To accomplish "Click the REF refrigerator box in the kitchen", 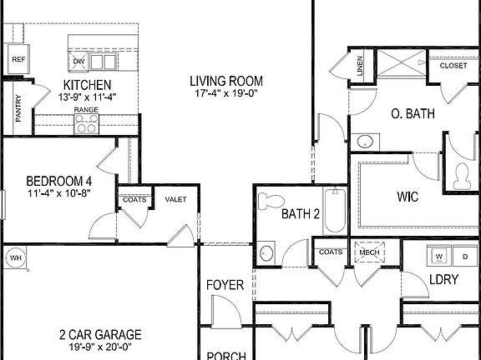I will pyautogui.click(x=18, y=60).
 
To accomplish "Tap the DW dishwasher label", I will pyautogui.click(x=79, y=62).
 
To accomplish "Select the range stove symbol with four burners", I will pyautogui.click(x=85, y=124).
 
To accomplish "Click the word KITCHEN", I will pyautogui.click(x=88, y=85).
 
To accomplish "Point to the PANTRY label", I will pyautogui.click(x=18, y=108).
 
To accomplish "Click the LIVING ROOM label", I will pyautogui.click(x=225, y=81).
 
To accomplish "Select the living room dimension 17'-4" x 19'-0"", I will pyautogui.click(x=225, y=93).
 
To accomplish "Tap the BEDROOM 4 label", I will pyautogui.click(x=58, y=181).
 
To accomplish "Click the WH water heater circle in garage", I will pyautogui.click(x=14, y=258).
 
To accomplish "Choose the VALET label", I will pyautogui.click(x=175, y=199).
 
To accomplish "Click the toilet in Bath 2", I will pyautogui.click(x=270, y=202).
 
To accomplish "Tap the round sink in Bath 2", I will pyautogui.click(x=267, y=252).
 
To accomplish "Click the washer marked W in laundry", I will pyautogui.click(x=438, y=255).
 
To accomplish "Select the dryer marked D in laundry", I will pyautogui.click(x=465, y=255).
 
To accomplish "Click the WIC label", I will pyautogui.click(x=408, y=198).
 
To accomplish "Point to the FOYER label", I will pyautogui.click(x=225, y=285).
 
